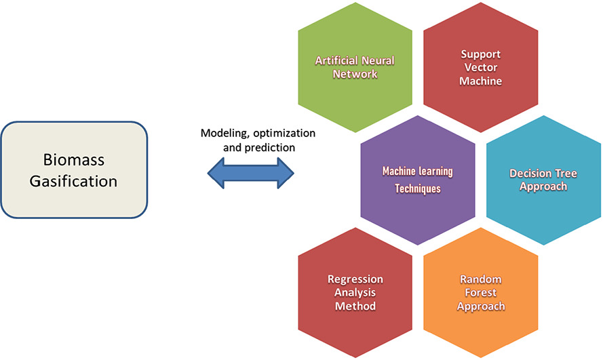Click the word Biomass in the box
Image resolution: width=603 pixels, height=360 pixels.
pos(74,160)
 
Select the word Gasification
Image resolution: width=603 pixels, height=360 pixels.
pos(73,181)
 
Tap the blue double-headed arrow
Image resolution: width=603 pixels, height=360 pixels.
pos(251,174)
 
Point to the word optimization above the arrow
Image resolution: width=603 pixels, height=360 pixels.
pos(284,134)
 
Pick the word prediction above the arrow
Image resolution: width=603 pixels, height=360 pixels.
pos(269,148)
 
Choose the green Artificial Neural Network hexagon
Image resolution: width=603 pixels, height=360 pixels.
pos(355,68)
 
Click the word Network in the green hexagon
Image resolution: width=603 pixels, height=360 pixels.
pos(355,74)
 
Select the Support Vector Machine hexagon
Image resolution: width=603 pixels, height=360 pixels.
pos(481,68)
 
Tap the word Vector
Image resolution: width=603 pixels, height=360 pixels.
pos(481,68)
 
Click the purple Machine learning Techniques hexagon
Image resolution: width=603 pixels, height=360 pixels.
pos(418,180)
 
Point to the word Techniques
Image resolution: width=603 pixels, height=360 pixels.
pos(418,188)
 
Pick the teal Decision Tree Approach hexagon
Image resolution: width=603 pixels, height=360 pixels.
pos(543,180)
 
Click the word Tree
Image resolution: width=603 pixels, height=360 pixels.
pos(566,174)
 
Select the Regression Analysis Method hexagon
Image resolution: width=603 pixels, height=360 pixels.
pos(355,293)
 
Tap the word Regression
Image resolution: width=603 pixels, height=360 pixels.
pos(355,279)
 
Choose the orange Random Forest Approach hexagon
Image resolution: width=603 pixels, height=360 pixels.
pos(481,293)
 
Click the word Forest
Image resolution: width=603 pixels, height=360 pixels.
pos(481,293)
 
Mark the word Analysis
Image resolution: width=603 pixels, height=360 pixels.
pos(355,293)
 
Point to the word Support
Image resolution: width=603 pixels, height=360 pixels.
pos(481,54)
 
